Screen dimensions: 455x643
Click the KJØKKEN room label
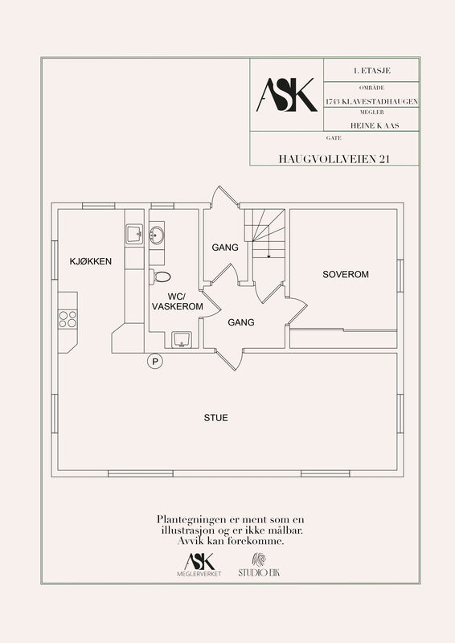click(91, 261)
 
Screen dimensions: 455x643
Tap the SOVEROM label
click(346, 274)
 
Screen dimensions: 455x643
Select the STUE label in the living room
click(215, 418)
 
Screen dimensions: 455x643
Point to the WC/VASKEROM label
click(178, 301)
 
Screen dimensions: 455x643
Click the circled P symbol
click(155, 362)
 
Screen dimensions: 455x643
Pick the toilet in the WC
click(160, 276)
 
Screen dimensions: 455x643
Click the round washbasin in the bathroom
click(156, 235)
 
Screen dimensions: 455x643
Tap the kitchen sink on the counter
click(134, 234)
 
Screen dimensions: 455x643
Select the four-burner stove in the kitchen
click(68, 319)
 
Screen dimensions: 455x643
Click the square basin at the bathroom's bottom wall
click(181, 339)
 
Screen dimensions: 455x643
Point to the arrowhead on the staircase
click(268, 256)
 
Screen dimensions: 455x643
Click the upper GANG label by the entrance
click(225, 248)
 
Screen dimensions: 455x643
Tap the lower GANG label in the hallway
click(241, 323)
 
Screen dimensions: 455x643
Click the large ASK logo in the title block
click(287, 95)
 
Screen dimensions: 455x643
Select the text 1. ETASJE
click(371, 71)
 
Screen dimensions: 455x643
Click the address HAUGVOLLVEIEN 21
click(334, 158)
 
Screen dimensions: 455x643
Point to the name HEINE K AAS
click(375, 125)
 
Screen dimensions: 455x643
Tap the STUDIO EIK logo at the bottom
click(259, 566)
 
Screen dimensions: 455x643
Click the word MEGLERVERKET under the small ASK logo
click(199, 574)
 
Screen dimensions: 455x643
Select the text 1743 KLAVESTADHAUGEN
click(371, 101)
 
